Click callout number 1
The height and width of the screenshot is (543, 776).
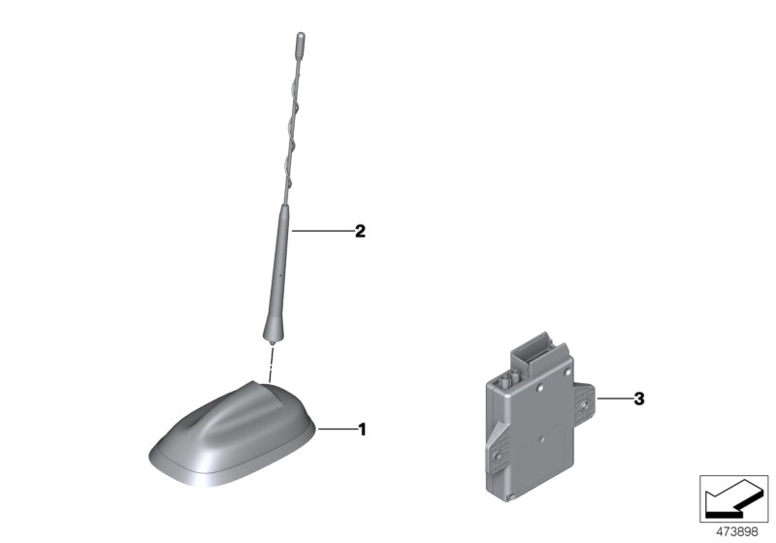[x=362, y=429]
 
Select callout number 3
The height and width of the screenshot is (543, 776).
[x=638, y=399]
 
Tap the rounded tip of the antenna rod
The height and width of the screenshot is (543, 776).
[x=300, y=41]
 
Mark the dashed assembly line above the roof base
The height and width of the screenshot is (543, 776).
[x=273, y=364]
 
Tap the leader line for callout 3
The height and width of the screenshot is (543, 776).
[x=613, y=399]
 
